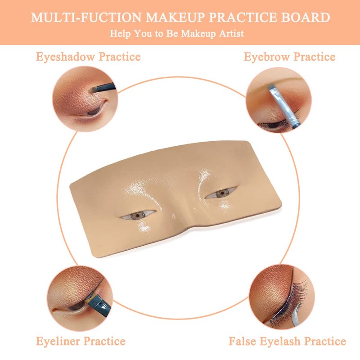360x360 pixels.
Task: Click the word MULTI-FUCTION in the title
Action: coord(86,18)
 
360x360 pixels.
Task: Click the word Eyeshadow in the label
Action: coord(65,57)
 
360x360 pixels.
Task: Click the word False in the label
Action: coord(242,341)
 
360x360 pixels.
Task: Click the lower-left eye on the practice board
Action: coord(138,216)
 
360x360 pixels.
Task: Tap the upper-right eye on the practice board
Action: coord(221,193)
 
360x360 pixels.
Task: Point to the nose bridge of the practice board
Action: coord(181,207)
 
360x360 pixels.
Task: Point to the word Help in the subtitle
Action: coord(120,33)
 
